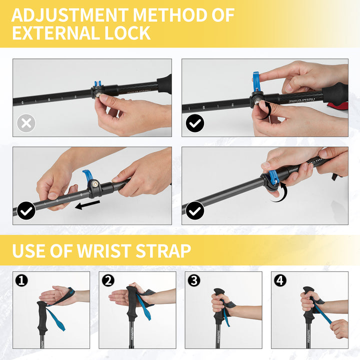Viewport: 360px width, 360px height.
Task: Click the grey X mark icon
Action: [x=26, y=123]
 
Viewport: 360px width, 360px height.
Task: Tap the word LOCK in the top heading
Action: [x=127, y=33]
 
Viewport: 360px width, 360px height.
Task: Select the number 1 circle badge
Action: [x=21, y=280]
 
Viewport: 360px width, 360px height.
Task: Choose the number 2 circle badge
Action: [x=108, y=280]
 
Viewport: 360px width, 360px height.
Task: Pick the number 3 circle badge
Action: [x=194, y=280]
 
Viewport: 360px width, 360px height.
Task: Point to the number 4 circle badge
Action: [x=280, y=280]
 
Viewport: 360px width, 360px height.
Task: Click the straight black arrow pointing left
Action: [x=87, y=205]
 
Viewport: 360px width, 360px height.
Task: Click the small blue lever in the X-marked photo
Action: [x=97, y=84]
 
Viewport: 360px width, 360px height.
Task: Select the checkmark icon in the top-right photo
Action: [x=195, y=123]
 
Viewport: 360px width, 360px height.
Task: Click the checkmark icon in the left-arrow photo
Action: [x=26, y=211]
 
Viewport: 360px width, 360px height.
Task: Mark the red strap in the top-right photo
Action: [x=337, y=106]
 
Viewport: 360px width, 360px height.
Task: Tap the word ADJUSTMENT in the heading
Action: [x=70, y=15]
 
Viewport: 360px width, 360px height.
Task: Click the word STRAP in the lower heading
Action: [x=163, y=250]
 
